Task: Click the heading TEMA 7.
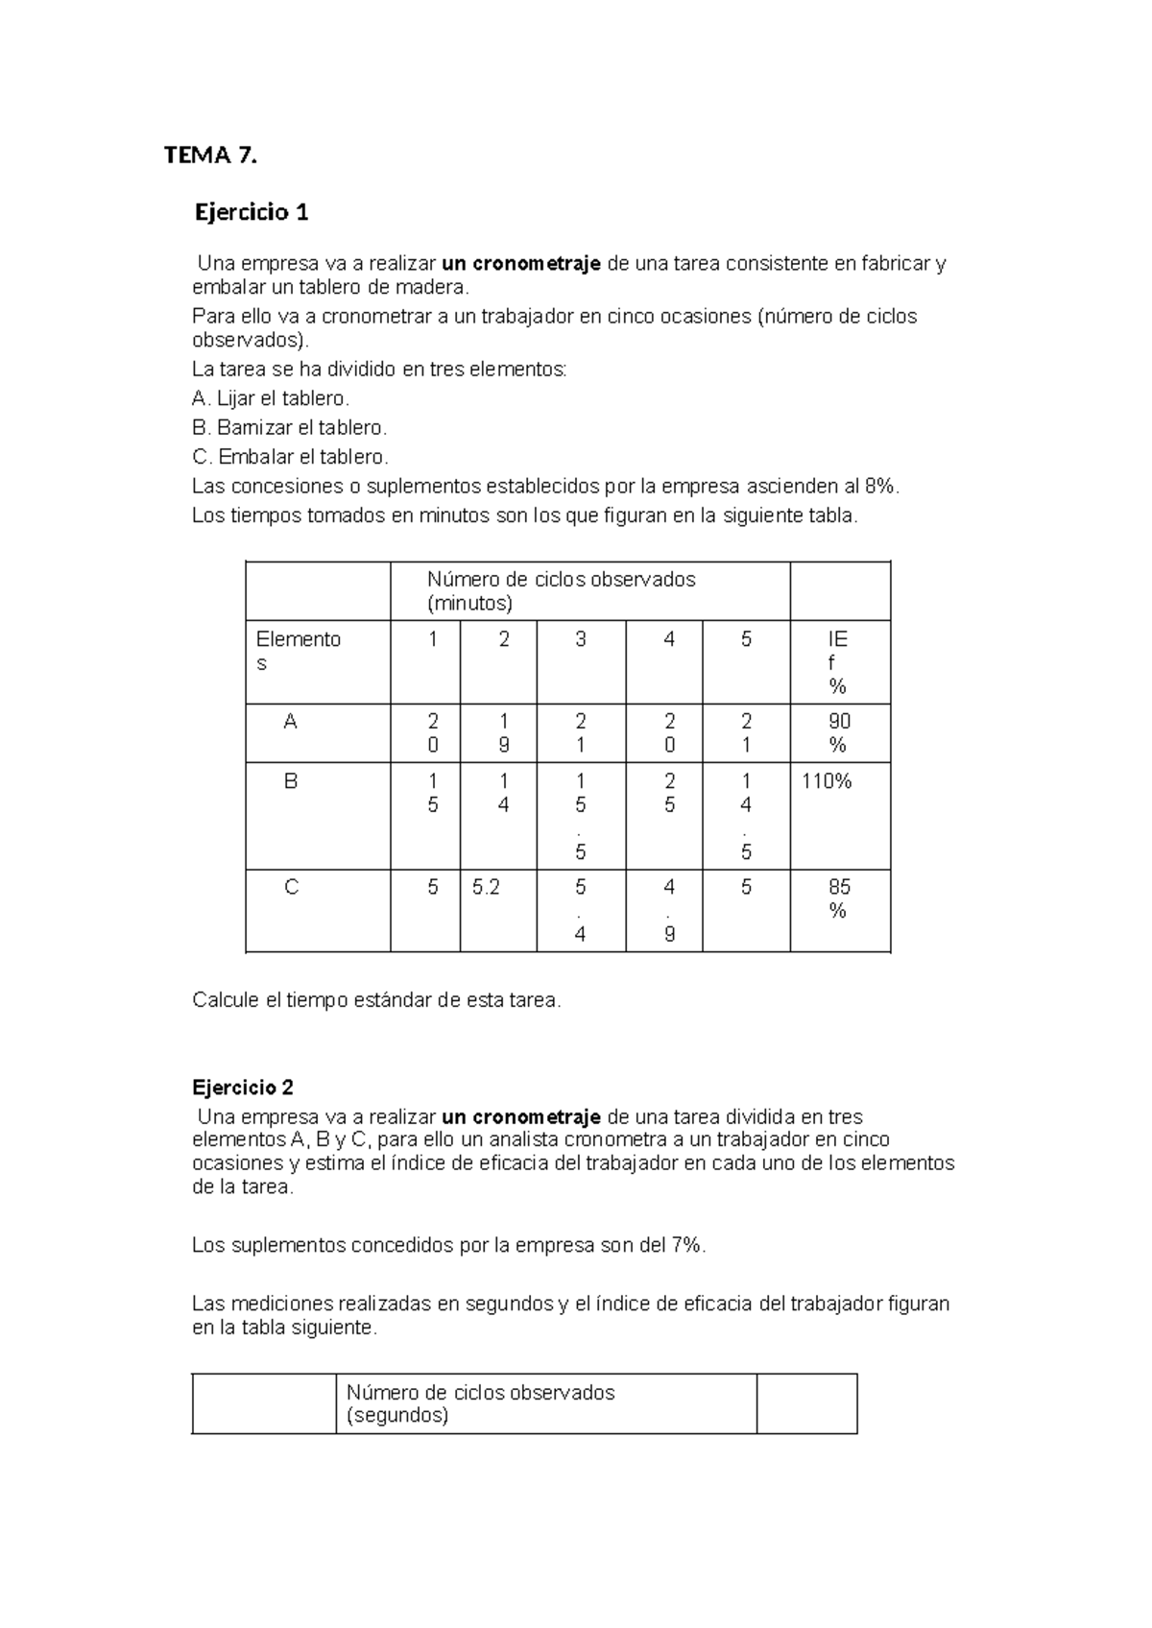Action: pyautogui.click(x=210, y=156)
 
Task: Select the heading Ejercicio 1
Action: pyautogui.click(x=252, y=212)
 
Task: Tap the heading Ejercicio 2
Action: pyautogui.click(x=243, y=1088)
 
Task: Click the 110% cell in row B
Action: pyautogui.click(x=827, y=781)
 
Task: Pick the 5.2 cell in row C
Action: pyautogui.click(x=487, y=888)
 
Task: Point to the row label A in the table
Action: pyautogui.click(x=290, y=722)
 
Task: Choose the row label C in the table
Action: pyautogui.click(x=291, y=888)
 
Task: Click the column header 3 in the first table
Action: pyautogui.click(x=580, y=639)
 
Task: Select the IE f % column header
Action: pyautogui.click(x=837, y=662)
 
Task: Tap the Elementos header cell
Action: pyautogui.click(x=298, y=651)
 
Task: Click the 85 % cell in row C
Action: pyautogui.click(x=838, y=898)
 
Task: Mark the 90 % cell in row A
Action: pyautogui.click(x=838, y=732)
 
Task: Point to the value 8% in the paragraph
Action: pyautogui.click(x=880, y=487)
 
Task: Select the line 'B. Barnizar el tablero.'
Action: pyautogui.click(x=289, y=427)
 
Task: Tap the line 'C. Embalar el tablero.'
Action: pyautogui.click(x=290, y=457)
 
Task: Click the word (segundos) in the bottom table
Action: pyautogui.click(x=397, y=1416)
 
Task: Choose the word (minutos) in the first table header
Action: pyautogui.click(x=469, y=604)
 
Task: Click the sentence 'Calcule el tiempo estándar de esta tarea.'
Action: pyautogui.click(x=376, y=1000)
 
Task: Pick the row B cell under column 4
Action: pyautogui.click(x=669, y=793)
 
